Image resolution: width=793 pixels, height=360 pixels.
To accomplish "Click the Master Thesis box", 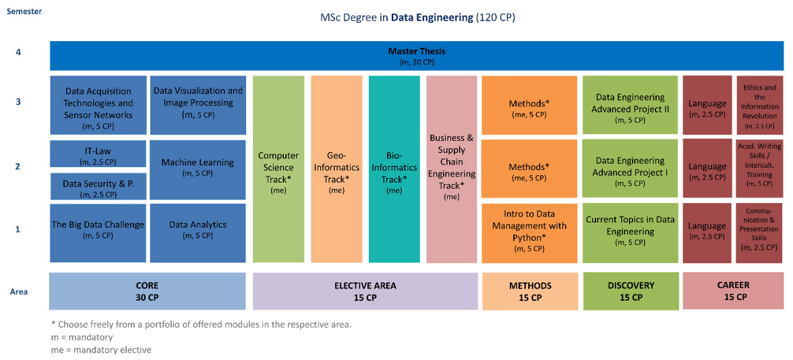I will coord(417,56).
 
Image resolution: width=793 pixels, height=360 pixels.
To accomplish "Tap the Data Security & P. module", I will coord(98,187).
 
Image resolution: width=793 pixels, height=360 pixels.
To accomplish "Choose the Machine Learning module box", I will coord(198,167).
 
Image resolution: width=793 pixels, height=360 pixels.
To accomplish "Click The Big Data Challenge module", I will coord(98,230).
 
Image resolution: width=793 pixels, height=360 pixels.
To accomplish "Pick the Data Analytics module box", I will coord(198,230).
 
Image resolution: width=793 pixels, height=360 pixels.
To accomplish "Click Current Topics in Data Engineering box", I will coord(630,231).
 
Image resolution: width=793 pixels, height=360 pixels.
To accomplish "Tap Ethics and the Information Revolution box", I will coord(759,106).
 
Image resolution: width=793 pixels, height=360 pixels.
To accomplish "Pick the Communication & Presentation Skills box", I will coord(759,231).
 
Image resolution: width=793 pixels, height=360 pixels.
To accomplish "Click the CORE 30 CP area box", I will coord(147,291).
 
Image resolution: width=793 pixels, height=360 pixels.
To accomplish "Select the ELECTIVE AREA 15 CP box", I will coord(365,291).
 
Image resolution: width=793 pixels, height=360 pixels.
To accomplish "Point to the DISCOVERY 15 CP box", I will coord(630,291).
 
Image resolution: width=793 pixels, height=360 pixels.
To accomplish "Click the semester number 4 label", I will coord(18,51).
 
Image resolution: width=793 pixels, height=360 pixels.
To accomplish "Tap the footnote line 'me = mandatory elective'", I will coord(100,350).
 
